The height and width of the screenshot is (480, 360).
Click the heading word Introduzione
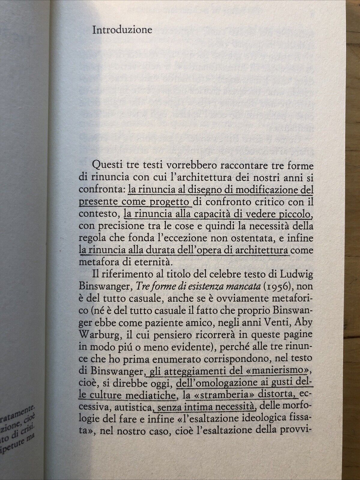click(x=122, y=31)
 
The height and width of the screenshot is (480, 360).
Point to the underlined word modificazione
click(x=266, y=190)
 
